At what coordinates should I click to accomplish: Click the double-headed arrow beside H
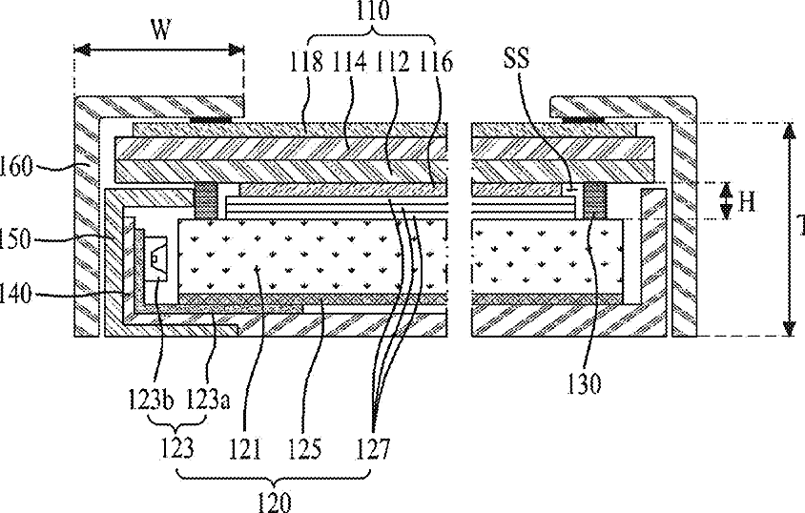pos(726,202)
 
